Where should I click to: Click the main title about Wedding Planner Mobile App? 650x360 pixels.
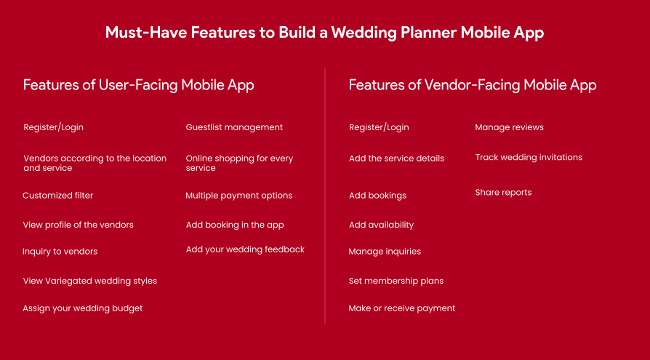click(x=324, y=33)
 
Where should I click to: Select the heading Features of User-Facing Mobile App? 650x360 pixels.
click(x=138, y=85)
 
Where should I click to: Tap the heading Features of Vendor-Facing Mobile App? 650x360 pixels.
click(x=473, y=85)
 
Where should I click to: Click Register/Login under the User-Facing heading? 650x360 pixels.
click(x=53, y=127)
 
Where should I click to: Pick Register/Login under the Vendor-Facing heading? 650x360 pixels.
click(x=379, y=127)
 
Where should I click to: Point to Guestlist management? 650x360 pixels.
click(x=234, y=127)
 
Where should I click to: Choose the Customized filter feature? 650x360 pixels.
click(x=58, y=196)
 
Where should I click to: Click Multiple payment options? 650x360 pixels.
click(x=238, y=196)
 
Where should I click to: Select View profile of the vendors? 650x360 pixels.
click(x=78, y=225)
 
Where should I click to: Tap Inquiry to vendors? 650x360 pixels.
click(x=60, y=252)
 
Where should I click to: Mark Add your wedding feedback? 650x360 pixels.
click(x=245, y=249)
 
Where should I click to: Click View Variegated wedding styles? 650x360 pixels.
click(x=89, y=281)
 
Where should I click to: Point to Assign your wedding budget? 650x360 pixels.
click(x=82, y=308)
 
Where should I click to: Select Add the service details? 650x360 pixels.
click(x=396, y=159)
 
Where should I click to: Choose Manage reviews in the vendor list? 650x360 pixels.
click(x=509, y=127)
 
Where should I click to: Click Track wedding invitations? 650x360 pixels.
click(x=529, y=157)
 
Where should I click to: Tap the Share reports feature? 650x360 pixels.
click(x=503, y=193)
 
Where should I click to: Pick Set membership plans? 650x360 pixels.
click(x=396, y=281)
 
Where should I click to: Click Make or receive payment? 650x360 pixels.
click(x=401, y=308)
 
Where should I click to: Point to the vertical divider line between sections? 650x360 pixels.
click(x=325, y=196)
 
